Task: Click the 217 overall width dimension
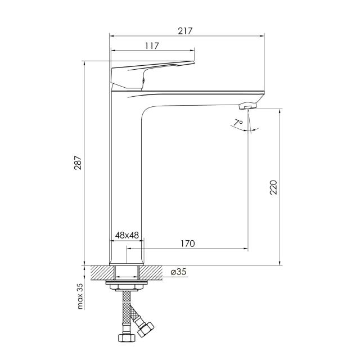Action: point(185,31)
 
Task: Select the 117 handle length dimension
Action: point(152,46)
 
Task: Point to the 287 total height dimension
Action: point(78,163)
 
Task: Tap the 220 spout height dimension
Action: point(273,187)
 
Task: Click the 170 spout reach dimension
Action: point(187,244)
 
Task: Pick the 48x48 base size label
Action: point(127,235)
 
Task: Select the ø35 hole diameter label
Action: point(178,272)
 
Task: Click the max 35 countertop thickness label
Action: point(80,296)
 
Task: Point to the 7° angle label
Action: point(238,123)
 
